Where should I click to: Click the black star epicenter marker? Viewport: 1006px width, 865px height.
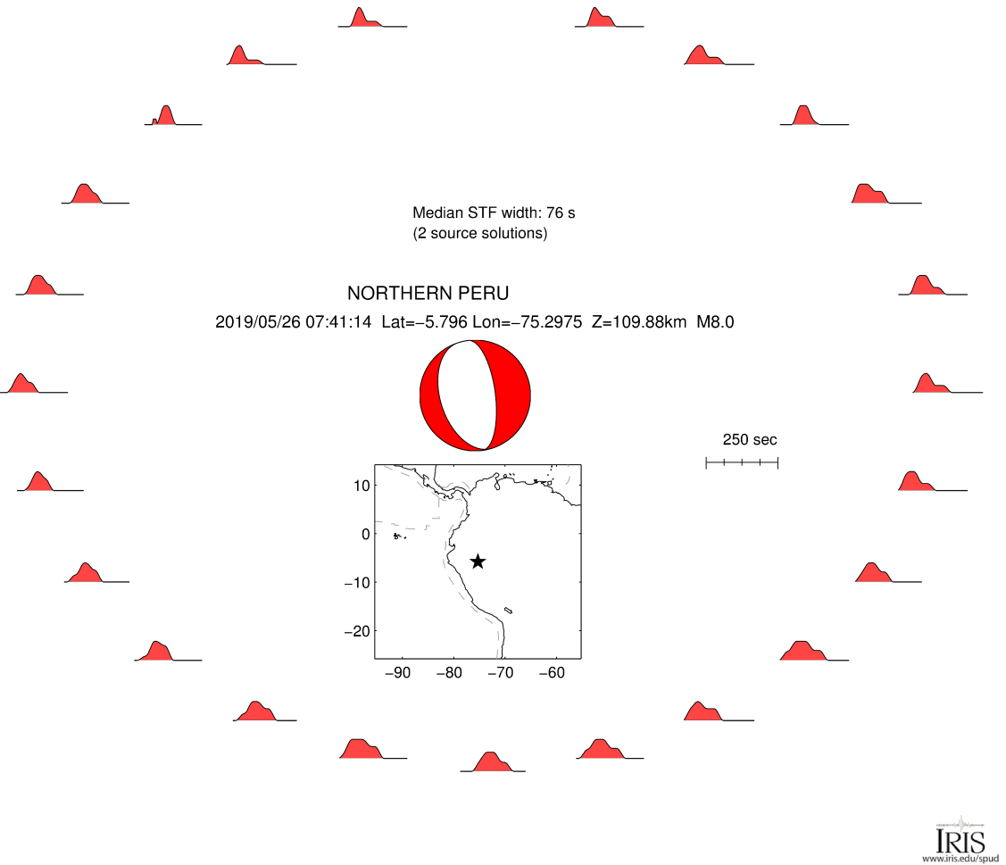tap(478, 561)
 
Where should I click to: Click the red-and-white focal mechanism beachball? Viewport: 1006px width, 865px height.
tap(475, 395)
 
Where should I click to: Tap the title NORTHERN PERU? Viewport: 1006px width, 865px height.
tap(428, 294)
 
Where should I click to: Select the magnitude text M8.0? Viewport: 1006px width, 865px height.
tap(715, 322)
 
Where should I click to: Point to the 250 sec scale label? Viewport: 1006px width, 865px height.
tap(750, 439)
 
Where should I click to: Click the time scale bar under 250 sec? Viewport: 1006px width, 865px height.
tap(742, 462)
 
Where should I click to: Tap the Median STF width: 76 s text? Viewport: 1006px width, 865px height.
tap(494, 213)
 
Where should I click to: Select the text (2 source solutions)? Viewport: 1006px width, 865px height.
tap(480, 234)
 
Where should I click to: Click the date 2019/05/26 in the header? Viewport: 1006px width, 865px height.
tap(258, 322)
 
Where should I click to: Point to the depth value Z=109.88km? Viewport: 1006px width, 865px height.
tap(639, 322)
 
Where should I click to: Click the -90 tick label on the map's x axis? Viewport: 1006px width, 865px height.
tap(398, 672)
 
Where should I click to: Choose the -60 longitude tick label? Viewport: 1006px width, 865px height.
tap(552, 672)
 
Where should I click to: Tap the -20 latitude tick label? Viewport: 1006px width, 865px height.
tap(357, 631)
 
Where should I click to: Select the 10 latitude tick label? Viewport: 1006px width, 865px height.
tap(362, 486)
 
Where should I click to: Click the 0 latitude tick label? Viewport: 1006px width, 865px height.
tap(366, 534)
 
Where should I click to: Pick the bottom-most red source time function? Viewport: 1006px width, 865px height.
tap(492, 763)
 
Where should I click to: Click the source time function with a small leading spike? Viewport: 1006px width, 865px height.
tap(166, 116)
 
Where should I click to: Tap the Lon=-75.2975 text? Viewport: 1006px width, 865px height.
tap(528, 322)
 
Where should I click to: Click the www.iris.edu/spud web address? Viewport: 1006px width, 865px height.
tap(960, 859)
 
